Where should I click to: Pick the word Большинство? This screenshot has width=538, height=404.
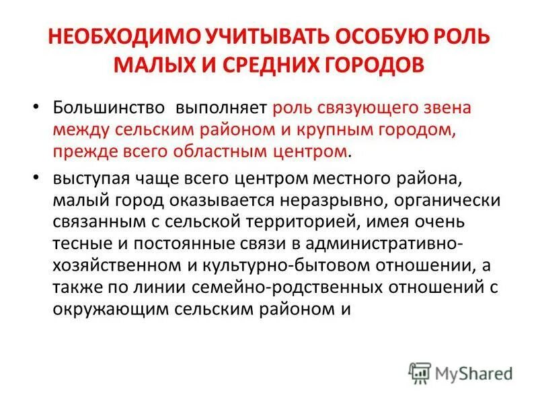(x=108, y=108)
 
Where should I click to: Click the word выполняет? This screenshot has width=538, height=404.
(x=221, y=108)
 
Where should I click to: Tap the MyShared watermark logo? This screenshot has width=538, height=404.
(x=460, y=372)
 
